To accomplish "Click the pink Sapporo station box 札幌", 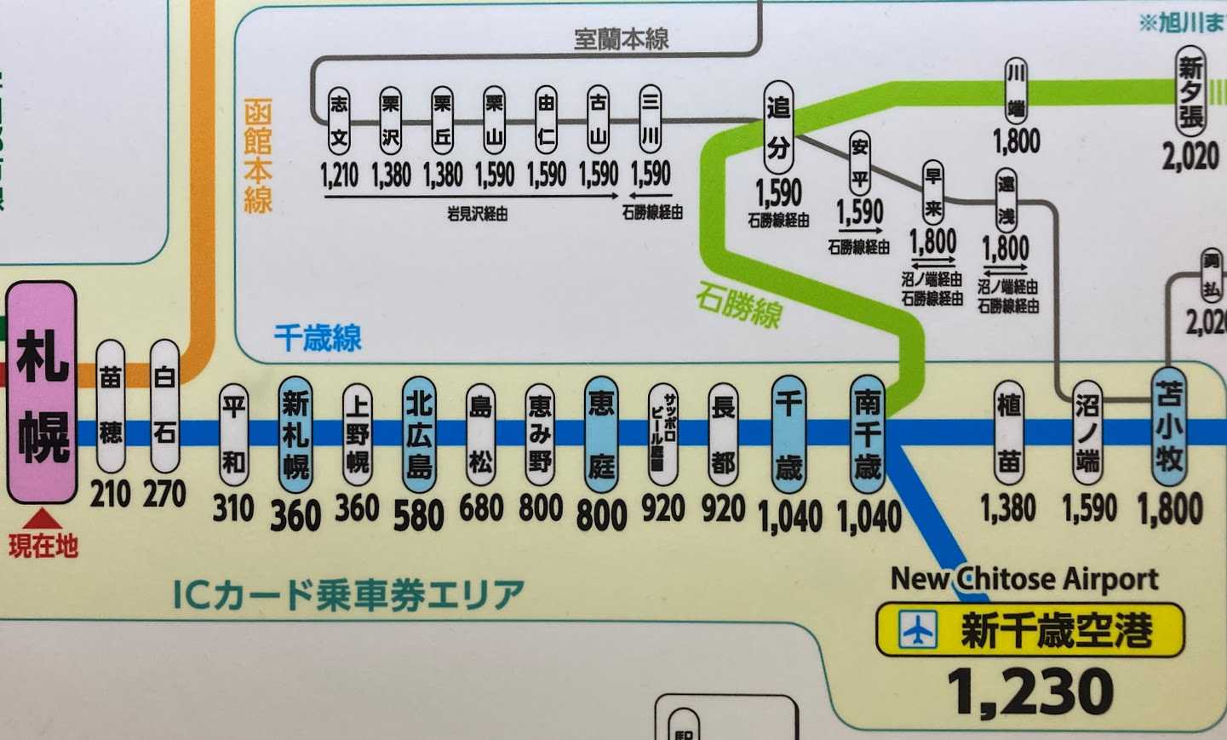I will coord(42,393).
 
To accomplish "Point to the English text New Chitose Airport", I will coord(1024,579).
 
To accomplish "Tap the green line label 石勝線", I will coord(738,305).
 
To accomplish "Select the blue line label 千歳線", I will coord(318,338).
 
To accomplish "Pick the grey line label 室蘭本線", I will coord(621,38).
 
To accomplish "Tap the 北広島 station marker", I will coord(418,434).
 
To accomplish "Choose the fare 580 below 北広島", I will coord(418,514).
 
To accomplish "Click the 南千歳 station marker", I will coord(868,434).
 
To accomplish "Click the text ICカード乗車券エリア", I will coord(348,594).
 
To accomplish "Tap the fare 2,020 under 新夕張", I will coord(1190,156).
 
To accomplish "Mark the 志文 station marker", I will coord(339,119).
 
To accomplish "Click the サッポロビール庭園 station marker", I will coord(663,434).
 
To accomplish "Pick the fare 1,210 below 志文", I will coord(339,175).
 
